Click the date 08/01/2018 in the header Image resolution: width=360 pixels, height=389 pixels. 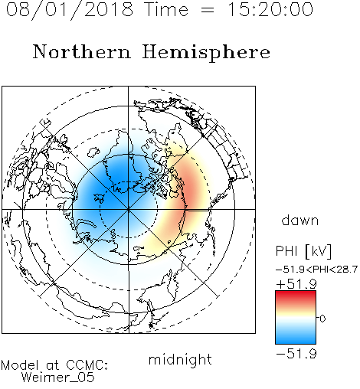tap(70, 9)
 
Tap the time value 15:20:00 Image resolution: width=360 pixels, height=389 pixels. tap(270, 9)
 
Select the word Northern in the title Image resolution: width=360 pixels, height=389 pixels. tap(81, 51)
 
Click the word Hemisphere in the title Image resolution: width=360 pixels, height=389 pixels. tap(206, 52)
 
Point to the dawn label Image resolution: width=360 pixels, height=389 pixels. tap(300, 220)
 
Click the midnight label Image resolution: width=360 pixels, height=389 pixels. tap(180, 359)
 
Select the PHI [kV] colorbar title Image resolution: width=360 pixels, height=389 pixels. tap(303, 251)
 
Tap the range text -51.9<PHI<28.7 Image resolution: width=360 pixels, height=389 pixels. tap(316, 270)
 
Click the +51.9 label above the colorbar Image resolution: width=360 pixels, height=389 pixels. tap(296, 284)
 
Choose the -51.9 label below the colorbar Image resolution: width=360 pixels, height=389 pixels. tap(296, 354)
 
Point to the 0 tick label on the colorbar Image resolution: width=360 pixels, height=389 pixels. tap(322, 319)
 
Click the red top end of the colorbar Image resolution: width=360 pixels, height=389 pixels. tap(296, 293)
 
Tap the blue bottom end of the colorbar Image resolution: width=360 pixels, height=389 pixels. tap(296, 342)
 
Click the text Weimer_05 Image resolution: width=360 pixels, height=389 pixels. tap(58, 378)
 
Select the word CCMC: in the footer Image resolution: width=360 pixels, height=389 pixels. tap(87, 365)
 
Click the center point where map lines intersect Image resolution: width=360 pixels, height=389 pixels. tap(129, 209)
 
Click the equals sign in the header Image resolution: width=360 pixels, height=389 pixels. tap(207, 10)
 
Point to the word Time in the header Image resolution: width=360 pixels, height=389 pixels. tap(166, 9)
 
